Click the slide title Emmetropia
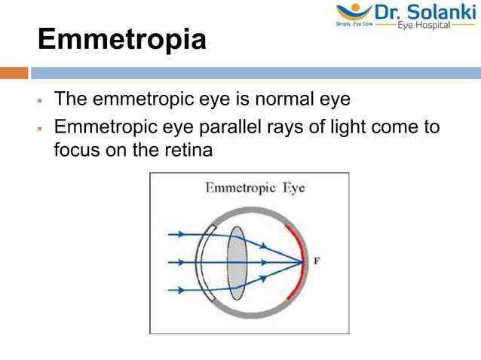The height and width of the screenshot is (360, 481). [121, 39]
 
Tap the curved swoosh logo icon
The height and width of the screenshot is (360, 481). [352, 11]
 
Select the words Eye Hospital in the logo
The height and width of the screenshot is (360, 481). [427, 25]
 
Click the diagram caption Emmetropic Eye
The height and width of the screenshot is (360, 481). [255, 188]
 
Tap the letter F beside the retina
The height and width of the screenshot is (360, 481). [317, 261]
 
